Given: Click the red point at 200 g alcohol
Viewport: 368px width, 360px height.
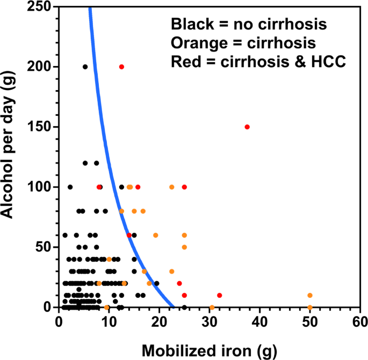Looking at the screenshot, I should coord(121,67).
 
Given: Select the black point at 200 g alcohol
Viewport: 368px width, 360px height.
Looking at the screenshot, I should coord(85,67).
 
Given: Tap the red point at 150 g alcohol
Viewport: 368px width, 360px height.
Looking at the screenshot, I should coord(247,127).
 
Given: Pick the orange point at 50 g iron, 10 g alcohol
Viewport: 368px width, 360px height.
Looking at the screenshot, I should coord(310,295).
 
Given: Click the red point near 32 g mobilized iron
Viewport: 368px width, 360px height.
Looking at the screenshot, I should coord(219,295).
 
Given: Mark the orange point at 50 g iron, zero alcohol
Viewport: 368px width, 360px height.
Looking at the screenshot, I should coord(310,307).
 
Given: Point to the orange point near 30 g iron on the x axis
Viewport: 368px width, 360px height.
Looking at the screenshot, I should coord(212,307).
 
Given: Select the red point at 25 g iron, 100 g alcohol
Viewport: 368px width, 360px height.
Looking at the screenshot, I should coord(184,187).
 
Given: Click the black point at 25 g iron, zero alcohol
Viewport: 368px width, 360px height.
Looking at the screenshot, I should coord(184,307).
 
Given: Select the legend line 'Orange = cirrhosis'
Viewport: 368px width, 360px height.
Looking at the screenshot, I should coord(243,43).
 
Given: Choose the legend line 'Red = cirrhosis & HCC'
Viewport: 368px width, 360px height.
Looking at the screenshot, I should coord(258,61).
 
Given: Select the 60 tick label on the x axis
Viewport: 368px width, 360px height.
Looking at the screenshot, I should coord(359,322).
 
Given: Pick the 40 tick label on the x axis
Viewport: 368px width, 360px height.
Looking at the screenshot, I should coord(259,322).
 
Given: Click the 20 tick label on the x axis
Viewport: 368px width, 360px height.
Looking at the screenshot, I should coord(159,322).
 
